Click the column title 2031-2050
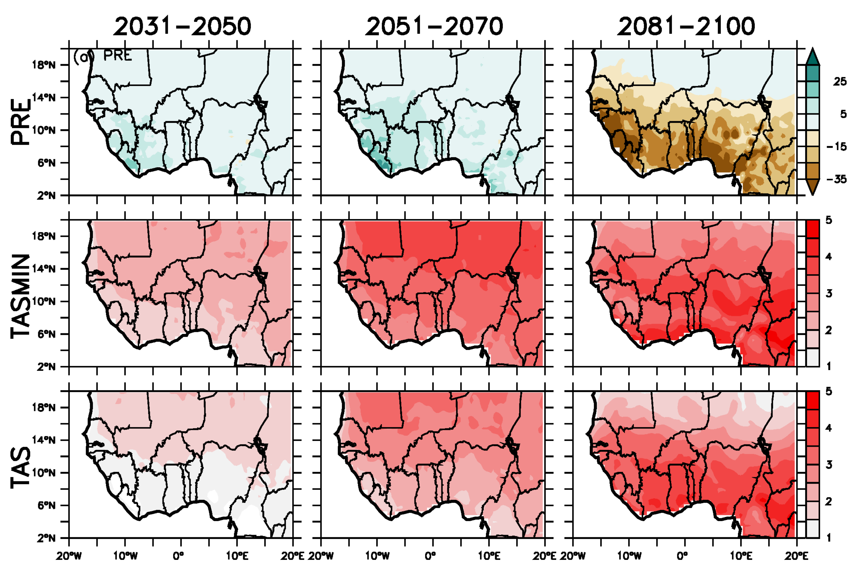pyautogui.click(x=182, y=27)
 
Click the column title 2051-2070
pyautogui.click(x=434, y=27)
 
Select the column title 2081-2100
pyautogui.click(x=686, y=27)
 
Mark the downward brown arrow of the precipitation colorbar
pyautogui.click(x=812, y=188)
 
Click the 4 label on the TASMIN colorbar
pyautogui.click(x=828, y=257)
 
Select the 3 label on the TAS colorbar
pyautogui.click(x=828, y=465)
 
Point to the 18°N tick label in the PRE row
pyautogui.click(x=44, y=65)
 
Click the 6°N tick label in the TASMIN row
pyautogui.click(x=46, y=334)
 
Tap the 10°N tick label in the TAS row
pyautogui.click(x=44, y=473)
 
